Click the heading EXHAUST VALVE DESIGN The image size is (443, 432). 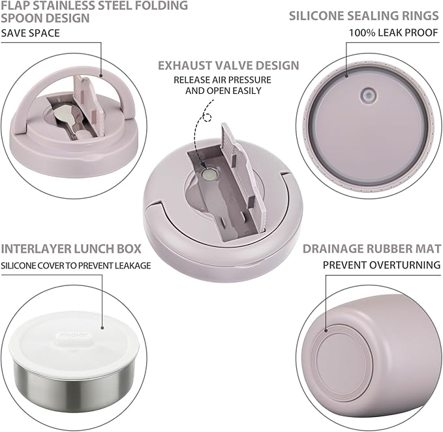click(x=228, y=66)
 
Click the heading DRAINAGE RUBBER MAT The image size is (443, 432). click(x=372, y=248)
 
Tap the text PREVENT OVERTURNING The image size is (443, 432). click(x=382, y=265)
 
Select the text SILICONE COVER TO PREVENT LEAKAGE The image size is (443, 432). click(x=76, y=265)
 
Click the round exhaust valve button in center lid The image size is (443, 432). click(x=210, y=175)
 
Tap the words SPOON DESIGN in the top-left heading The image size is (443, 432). click(x=45, y=18)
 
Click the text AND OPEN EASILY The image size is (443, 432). click(x=223, y=91)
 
